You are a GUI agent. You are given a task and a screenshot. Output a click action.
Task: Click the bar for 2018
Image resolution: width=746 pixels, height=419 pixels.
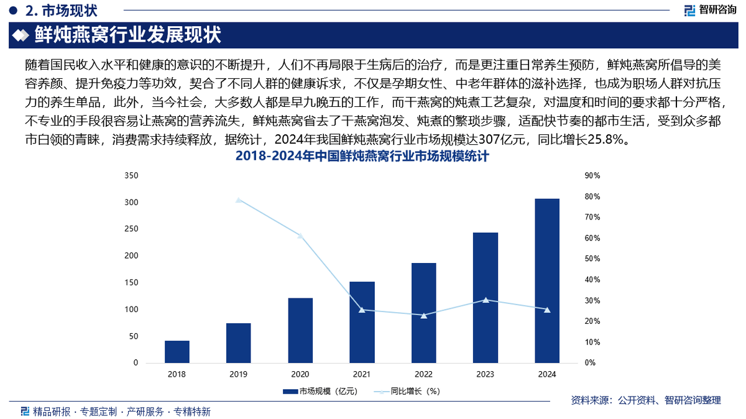click(x=177, y=352)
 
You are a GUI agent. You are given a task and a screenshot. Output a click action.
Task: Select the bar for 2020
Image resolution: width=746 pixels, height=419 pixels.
click(x=300, y=330)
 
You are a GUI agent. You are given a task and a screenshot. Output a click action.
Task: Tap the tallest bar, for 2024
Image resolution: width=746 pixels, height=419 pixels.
click(x=546, y=280)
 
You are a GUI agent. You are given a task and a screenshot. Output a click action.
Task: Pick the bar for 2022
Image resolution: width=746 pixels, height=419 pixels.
click(x=423, y=313)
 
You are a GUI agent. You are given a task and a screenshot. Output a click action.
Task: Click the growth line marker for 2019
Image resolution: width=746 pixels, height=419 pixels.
click(x=238, y=200)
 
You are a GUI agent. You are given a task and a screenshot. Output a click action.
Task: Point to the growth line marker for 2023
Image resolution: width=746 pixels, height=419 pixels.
click(x=485, y=300)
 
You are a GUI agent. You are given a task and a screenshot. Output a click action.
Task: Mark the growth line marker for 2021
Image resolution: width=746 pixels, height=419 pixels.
click(x=362, y=310)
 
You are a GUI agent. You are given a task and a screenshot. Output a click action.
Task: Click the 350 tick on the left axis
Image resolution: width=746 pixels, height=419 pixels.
click(x=131, y=176)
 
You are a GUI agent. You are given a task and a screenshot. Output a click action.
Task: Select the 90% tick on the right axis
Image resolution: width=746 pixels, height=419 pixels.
click(x=592, y=176)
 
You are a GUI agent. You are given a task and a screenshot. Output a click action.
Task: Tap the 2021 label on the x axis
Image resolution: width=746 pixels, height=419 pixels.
click(x=362, y=375)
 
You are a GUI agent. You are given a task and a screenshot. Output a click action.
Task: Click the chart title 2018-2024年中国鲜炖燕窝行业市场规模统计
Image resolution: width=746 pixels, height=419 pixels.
click(x=362, y=157)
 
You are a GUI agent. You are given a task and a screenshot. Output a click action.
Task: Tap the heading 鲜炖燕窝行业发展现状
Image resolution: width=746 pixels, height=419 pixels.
click(x=127, y=35)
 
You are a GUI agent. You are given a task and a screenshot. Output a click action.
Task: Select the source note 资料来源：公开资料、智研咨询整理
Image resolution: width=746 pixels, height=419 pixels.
click(x=646, y=400)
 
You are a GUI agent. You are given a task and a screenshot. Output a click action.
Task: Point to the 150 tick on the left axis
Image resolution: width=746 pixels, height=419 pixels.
click(x=131, y=283)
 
